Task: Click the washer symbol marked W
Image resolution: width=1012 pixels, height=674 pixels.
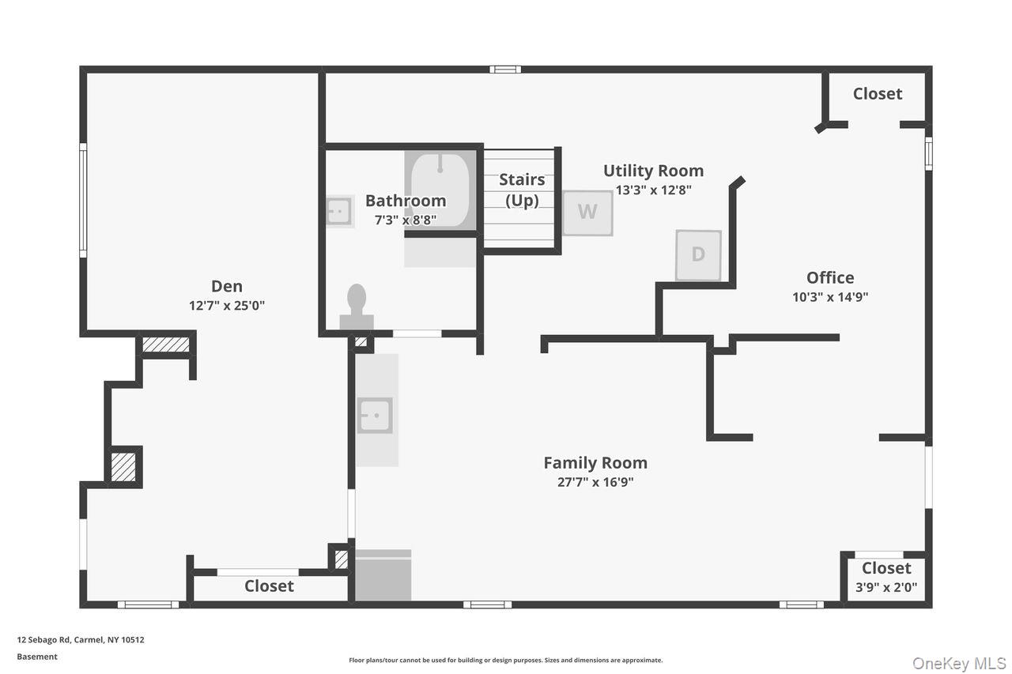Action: (x=587, y=213)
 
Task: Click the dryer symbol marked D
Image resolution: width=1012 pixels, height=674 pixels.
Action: (x=698, y=254)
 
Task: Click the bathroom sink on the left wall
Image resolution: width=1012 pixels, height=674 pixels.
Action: (x=339, y=211)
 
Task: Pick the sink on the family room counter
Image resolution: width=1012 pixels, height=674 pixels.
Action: (x=375, y=415)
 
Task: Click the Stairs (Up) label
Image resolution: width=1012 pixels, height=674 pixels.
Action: (x=522, y=190)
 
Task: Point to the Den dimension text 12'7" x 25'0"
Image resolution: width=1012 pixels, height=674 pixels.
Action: (x=227, y=306)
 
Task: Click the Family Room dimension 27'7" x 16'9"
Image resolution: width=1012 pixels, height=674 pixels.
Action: (x=595, y=482)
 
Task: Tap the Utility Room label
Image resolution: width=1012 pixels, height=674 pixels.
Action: (x=653, y=171)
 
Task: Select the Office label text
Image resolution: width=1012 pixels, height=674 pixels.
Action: (x=830, y=277)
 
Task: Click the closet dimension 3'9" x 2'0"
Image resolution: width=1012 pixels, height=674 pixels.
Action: (x=886, y=588)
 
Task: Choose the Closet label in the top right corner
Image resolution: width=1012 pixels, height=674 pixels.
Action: (x=877, y=93)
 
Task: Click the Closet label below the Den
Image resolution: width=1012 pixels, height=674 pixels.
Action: (x=269, y=586)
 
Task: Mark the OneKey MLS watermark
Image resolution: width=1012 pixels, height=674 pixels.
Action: (x=959, y=663)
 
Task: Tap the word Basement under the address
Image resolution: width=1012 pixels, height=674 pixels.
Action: (x=37, y=657)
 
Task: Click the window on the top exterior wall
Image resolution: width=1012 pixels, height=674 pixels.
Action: (x=504, y=70)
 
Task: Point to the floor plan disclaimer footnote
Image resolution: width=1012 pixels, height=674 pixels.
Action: (x=506, y=660)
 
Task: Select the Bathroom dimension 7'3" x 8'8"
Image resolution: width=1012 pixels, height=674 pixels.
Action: (x=405, y=220)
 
